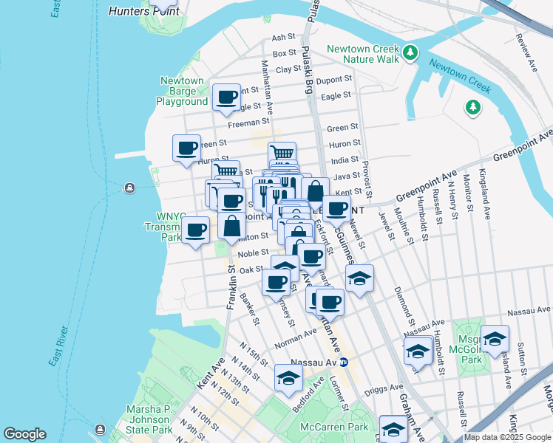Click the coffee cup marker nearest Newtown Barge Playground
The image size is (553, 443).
tap(227, 97)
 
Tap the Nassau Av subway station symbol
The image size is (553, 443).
tap(343, 363)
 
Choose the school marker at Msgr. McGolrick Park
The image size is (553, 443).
tap(495, 339)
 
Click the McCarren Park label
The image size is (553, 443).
tap(333, 427)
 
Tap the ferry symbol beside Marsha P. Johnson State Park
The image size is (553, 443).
tap(100, 428)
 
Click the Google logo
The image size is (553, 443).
tap(24, 434)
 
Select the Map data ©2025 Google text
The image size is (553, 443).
tap(506, 437)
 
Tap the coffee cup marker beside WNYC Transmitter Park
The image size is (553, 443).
tap(195, 230)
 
